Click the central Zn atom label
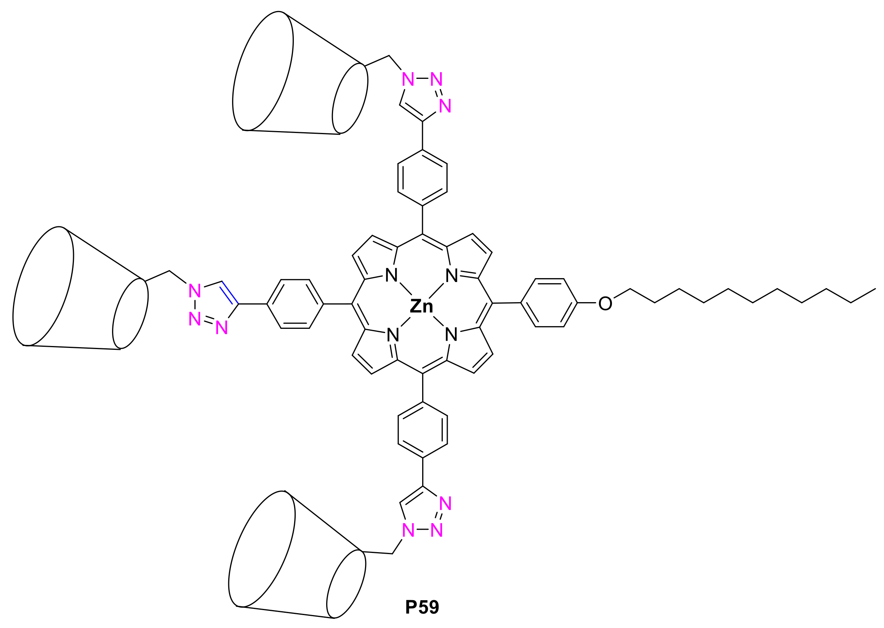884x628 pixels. coord(421,307)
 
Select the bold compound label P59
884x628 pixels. coord(422,607)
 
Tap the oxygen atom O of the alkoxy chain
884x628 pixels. coord(605,304)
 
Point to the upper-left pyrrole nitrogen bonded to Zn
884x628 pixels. coord(391,276)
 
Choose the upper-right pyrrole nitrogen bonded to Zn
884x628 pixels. coord(451,276)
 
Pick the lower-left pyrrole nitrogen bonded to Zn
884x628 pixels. coord(393,335)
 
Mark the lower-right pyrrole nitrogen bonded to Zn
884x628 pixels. coord(451,335)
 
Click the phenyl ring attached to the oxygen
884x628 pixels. coord(549,303)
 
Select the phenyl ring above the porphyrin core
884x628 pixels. coord(422,178)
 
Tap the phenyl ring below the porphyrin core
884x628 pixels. coord(423,430)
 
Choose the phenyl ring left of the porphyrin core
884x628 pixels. coord(295,304)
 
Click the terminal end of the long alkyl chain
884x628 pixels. coord(875,289)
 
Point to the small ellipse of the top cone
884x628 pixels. coord(350,99)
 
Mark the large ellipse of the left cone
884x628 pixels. coord(43,286)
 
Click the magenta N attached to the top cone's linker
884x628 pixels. coord(408,79)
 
